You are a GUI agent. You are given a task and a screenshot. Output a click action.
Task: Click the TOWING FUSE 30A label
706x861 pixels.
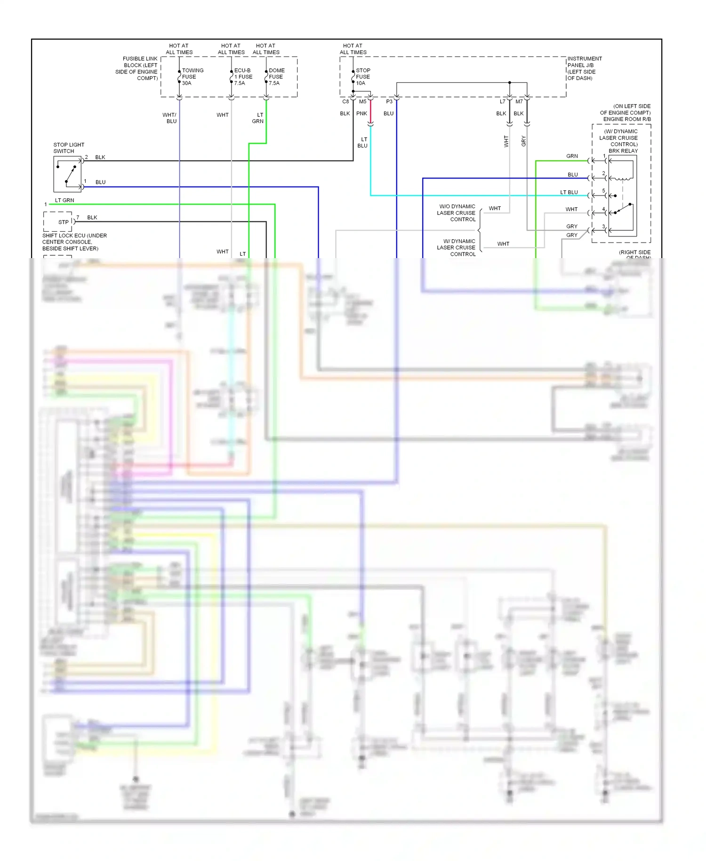point(192,77)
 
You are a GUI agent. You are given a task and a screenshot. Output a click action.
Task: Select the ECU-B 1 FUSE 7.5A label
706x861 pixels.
point(243,77)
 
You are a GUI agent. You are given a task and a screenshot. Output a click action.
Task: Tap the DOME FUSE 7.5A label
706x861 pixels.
point(276,77)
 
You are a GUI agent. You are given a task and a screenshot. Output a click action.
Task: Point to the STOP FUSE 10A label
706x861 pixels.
point(362,77)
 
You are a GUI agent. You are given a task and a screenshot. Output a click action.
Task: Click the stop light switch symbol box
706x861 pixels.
point(67,174)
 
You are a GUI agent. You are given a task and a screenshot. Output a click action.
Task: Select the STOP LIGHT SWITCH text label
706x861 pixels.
point(69,148)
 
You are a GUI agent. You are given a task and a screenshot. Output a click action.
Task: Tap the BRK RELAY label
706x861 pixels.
point(623,151)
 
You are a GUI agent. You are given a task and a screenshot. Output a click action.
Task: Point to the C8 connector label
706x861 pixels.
point(345,102)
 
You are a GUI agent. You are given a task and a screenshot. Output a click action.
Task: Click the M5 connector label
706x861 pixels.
point(362,102)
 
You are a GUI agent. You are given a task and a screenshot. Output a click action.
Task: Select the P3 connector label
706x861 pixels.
point(389,102)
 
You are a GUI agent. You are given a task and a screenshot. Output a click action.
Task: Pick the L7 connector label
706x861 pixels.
point(502,102)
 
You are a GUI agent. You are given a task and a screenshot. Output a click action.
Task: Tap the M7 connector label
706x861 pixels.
point(519,102)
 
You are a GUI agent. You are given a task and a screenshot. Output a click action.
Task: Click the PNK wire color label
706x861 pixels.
point(361,114)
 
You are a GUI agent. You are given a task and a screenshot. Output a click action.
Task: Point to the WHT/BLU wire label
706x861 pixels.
point(170,118)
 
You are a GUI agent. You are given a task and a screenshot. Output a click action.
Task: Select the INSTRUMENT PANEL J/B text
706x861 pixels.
point(584,62)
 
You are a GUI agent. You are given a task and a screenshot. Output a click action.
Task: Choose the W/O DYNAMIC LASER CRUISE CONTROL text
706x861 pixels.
point(457,213)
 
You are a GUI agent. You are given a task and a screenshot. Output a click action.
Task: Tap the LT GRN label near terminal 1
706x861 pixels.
point(64,200)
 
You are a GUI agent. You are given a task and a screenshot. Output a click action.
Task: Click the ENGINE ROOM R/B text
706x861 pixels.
point(626,119)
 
